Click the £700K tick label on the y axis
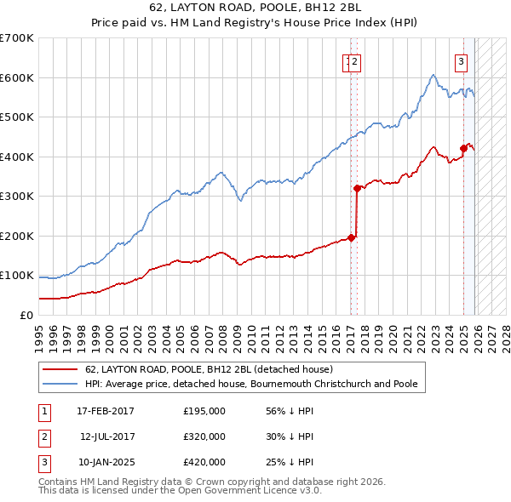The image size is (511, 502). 17,38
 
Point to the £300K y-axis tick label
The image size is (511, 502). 17,196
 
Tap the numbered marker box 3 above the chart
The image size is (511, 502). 461,60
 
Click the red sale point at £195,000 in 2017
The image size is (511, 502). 352,237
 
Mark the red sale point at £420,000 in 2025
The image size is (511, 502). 463,148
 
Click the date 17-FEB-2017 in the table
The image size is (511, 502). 105,410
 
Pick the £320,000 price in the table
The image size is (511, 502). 204,436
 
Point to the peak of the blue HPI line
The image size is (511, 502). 433,75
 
